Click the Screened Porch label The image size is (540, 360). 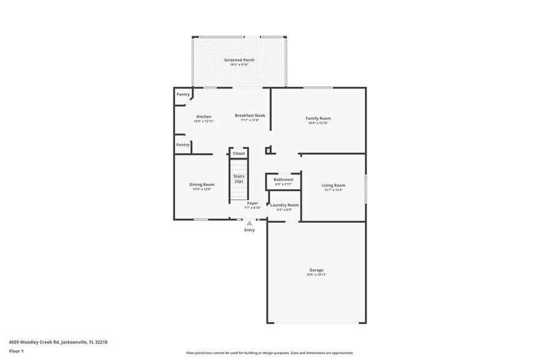click(x=239, y=60)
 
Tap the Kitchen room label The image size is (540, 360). click(x=204, y=116)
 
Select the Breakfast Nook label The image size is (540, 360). click(x=250, y=115)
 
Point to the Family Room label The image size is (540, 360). click(x=318, y=118)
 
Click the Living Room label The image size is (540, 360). click(x=334, y=185)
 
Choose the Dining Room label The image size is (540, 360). click(x=201, y=184)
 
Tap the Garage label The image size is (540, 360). click(x=316, y=270)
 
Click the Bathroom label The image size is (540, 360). click(x=283, y=179)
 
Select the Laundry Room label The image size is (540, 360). click(x=285, y=205)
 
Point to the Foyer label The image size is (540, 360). click(x=252, y=203)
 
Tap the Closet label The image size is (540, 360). click(x=239, y=153)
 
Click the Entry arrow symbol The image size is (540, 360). click(x=249, y=223)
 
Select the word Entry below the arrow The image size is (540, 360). click(x=249, y=230)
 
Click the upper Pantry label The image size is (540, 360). click(x=183, y=94)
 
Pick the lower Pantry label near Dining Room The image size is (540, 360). click(x=183, y=144)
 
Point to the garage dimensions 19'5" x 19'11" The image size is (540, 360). click(x=316, y=275)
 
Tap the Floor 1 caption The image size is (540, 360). click(x=16, y=351)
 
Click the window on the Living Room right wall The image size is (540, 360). click(x=366, y=189)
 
